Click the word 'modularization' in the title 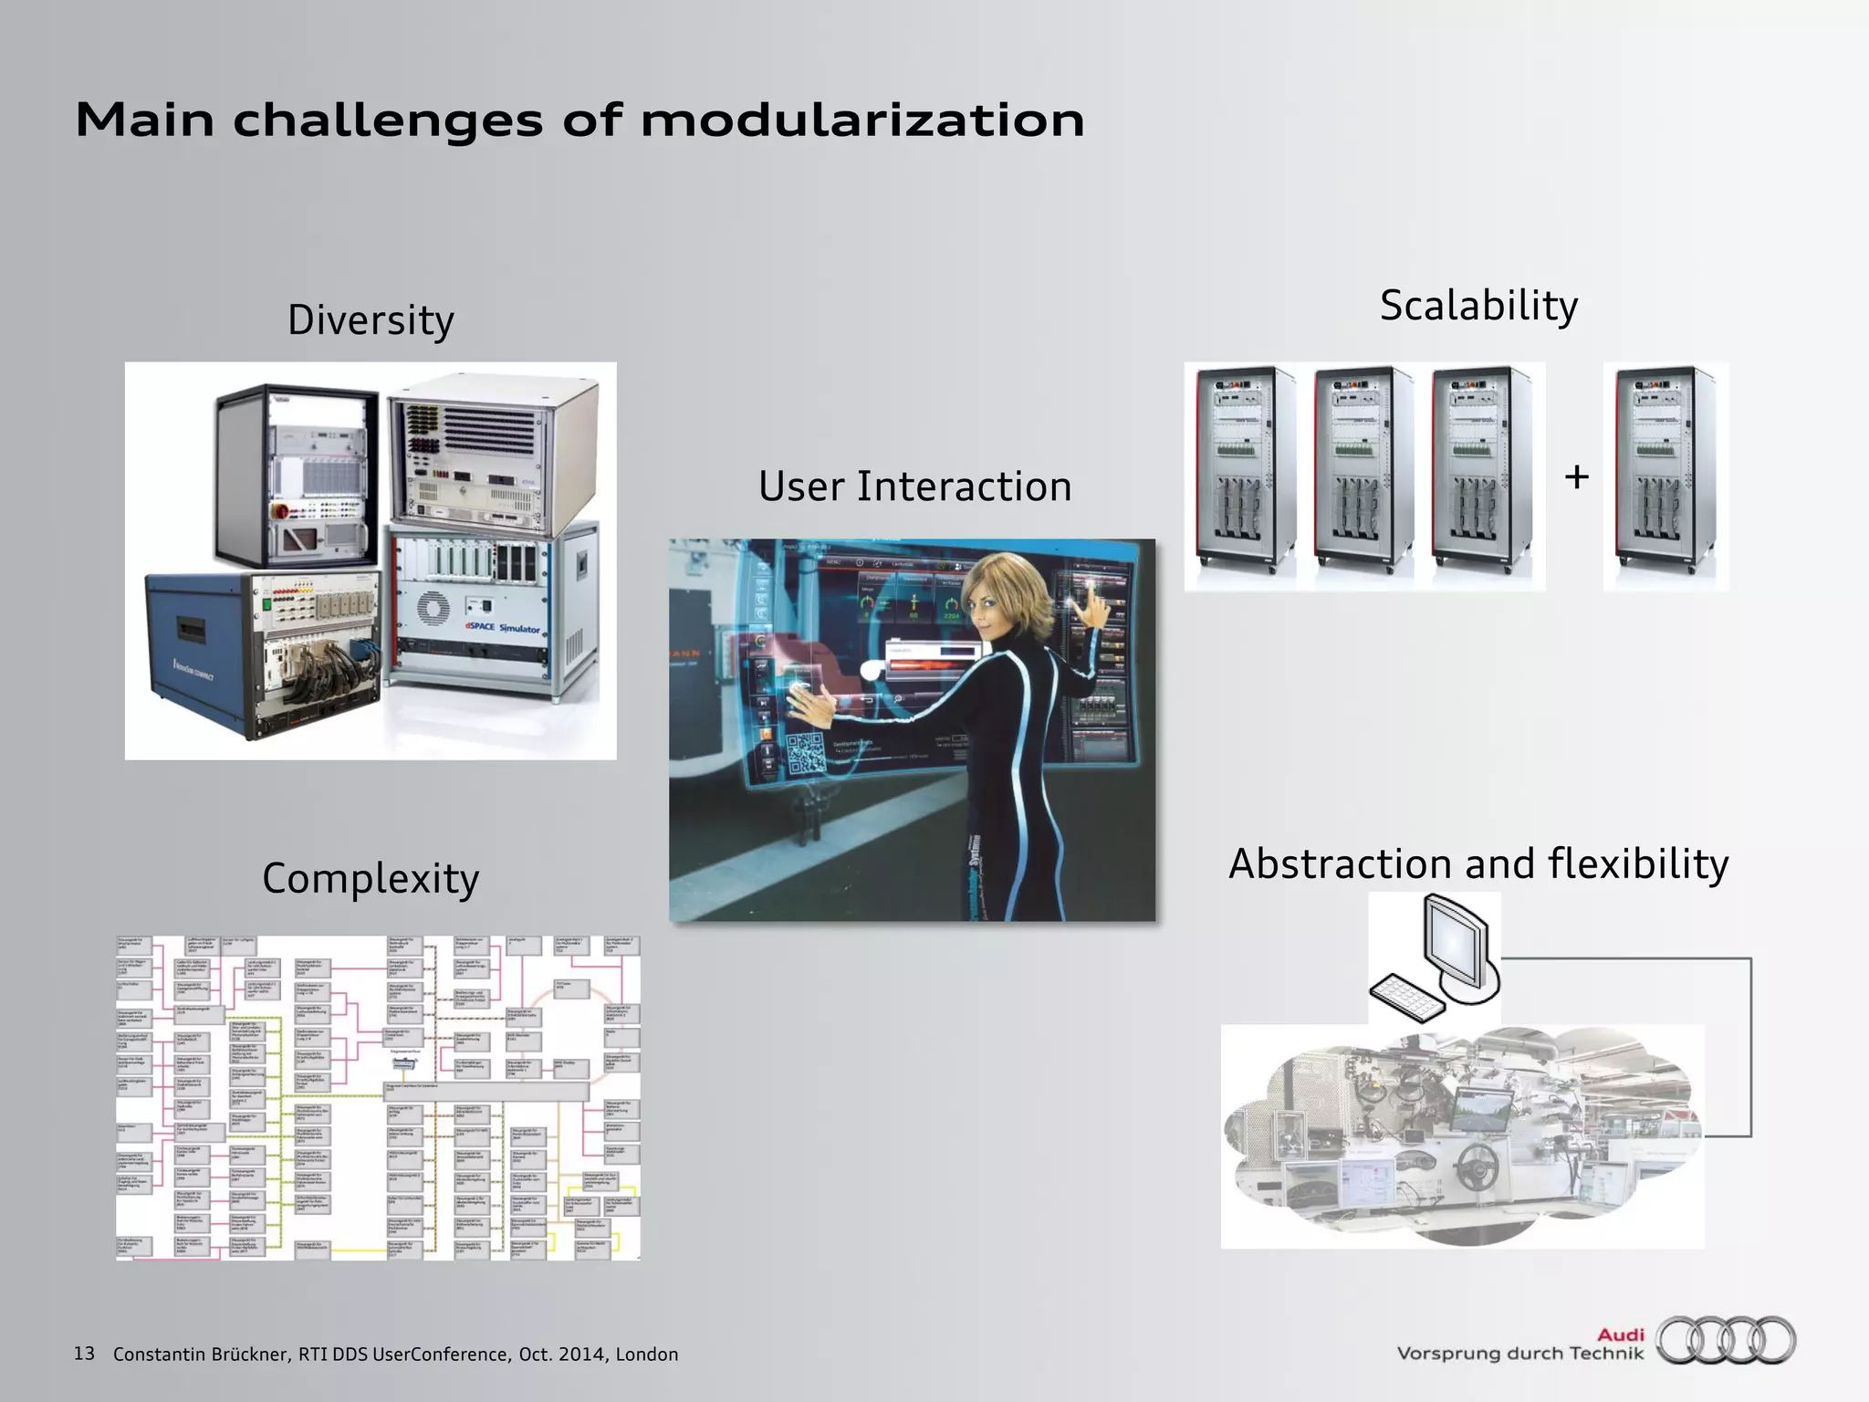[x=862, y=120]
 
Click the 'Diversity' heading [x=371, y=320]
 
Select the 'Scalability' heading [x=1478, y=306]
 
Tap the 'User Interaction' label [x=914, y=487]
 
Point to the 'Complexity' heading [x=371, y=878]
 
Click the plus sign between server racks [x=1576, y=476]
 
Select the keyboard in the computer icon [x=1406, y=999]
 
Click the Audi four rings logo [x=1726, y=1341]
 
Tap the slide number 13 [x=84, y=1354]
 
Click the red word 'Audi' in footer [x=1620, y=1335]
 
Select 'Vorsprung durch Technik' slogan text [x=1519, y=1354]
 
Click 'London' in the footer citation [x=646, y=1355]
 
